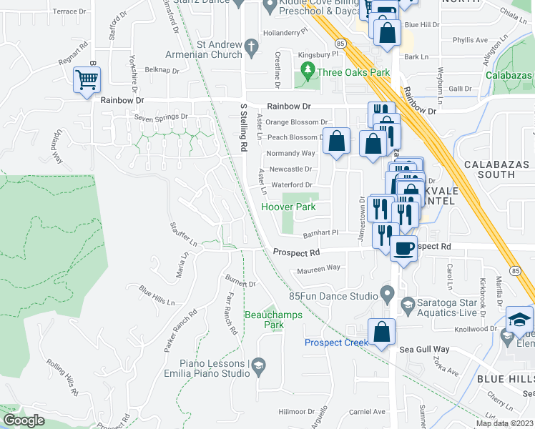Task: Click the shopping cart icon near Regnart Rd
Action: pos(87,80)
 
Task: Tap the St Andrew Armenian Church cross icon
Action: pos(251,48)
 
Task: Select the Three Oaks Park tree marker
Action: pos(308,71)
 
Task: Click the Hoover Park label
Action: pos(288,207)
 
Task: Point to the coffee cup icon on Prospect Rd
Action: pos(405,249)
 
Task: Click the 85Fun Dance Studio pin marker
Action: pos(388,293)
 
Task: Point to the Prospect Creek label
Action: pos(336,342)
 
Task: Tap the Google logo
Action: pos(23,420)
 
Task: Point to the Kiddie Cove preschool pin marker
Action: pos(270,7)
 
